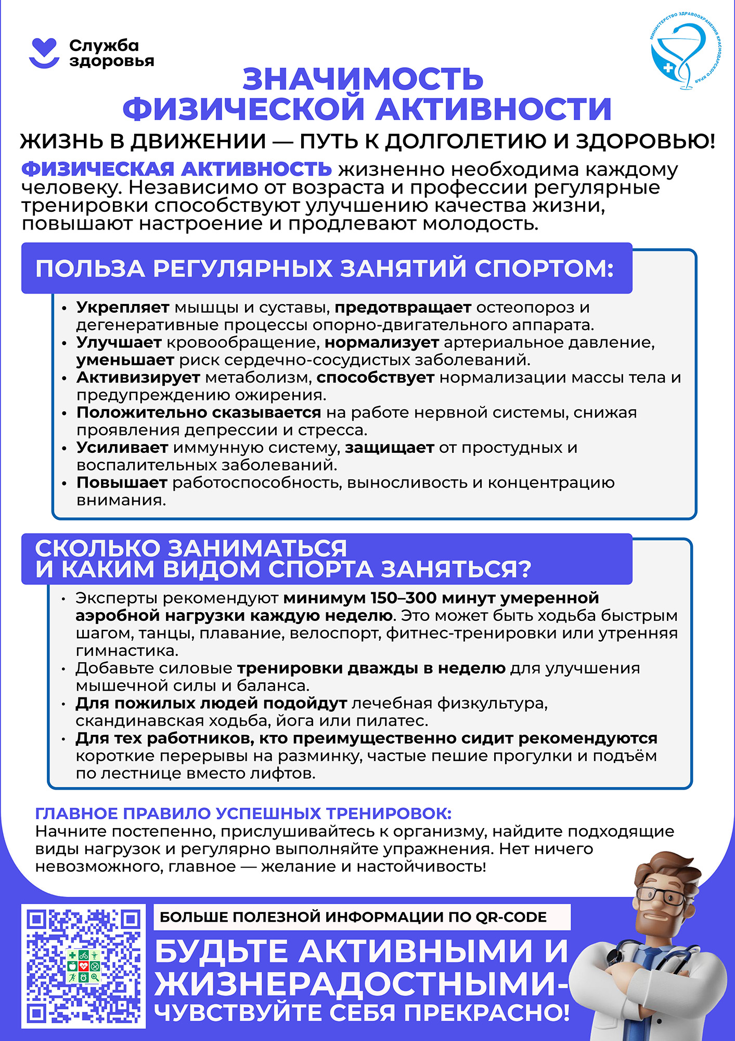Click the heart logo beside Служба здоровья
[44, 53]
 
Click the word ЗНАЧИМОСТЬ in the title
[363, 79]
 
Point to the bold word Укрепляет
[123, 308]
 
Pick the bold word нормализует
[382, 342]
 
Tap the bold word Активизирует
[138, 377]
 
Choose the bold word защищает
[390, 448]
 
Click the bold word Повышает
[122, 483]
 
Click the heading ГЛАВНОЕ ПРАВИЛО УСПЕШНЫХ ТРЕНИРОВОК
[243, 814]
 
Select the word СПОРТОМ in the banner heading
[544, 269]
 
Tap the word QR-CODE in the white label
[511, 917]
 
